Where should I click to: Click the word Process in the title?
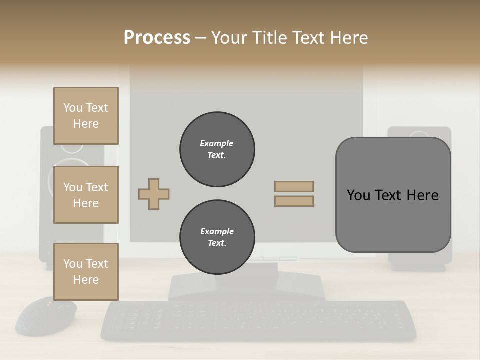coord(157,38)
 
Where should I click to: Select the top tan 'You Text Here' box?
coord(86,116)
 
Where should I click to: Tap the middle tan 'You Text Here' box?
coord(86,195)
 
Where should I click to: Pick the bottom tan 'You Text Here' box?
coord(86,271)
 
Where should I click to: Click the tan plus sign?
coord(154,194)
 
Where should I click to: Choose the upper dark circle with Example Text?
coord(217,149)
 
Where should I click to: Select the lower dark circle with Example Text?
coord(217,237)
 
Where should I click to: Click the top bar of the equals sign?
coord(294,187)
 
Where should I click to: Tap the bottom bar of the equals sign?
coord(294,201)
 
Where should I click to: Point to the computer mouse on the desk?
coord(46,316)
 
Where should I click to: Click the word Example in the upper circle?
coord(217,143)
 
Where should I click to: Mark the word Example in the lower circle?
coord(217,231)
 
